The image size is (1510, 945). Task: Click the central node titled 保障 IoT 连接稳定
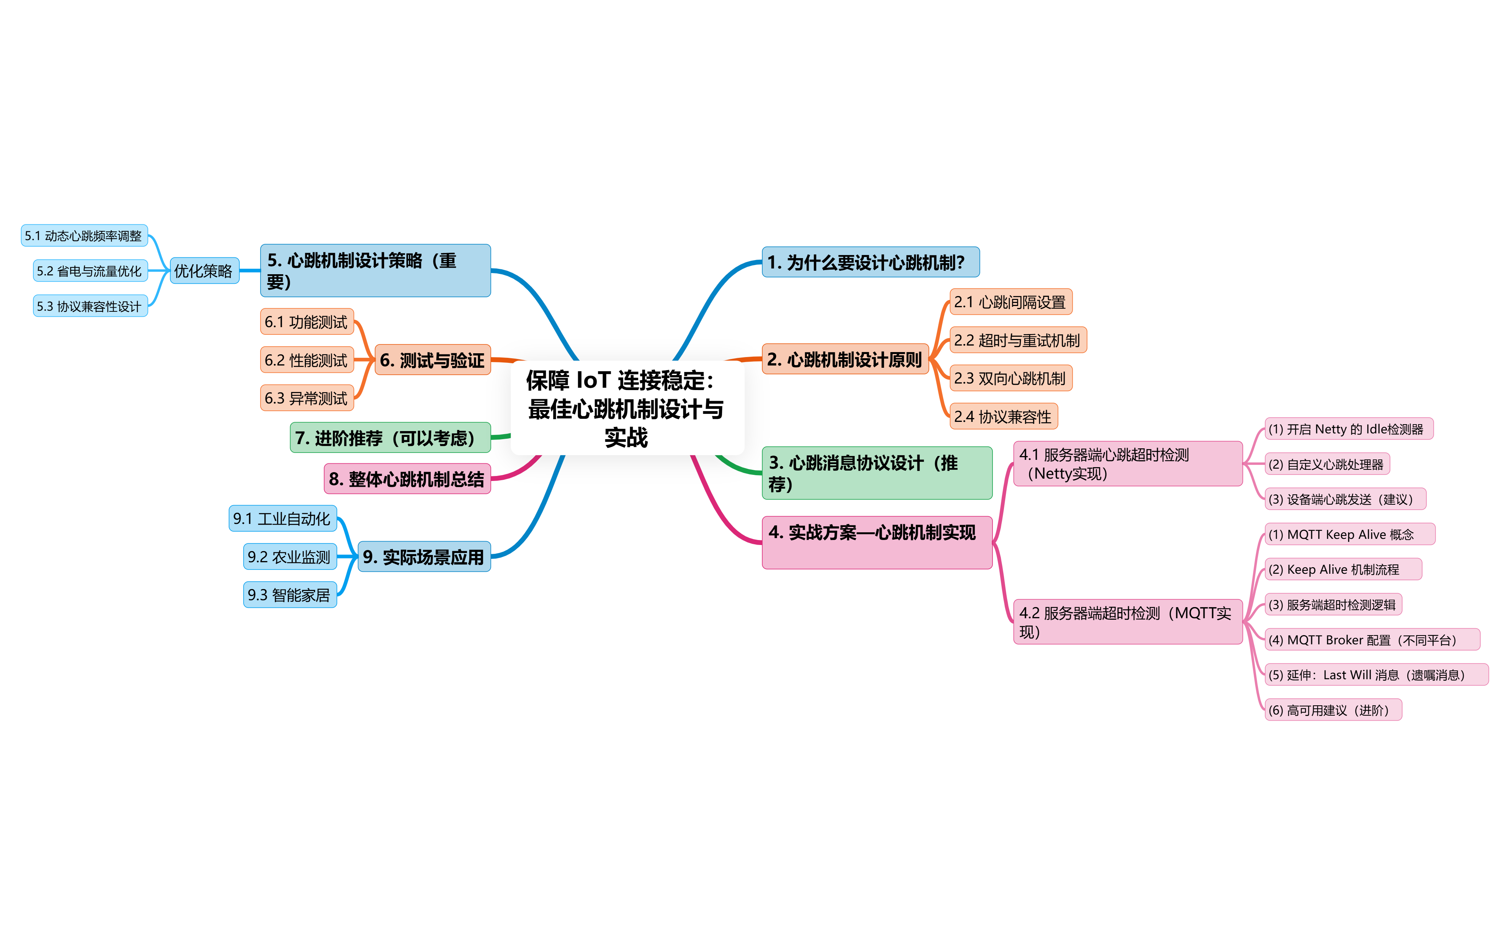tap(627, 408)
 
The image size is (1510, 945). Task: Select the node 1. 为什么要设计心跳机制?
tap(870, 262)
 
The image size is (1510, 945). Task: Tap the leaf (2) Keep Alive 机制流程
tap(1342, 570)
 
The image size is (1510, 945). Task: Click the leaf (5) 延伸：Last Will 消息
tap(1376, 675)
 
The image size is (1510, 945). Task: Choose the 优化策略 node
tap(204, 271)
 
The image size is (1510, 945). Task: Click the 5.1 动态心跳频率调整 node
tap(84, 235)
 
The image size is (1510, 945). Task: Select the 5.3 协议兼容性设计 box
tap(90, 306)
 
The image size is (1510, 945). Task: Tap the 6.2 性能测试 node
tap(306, 360)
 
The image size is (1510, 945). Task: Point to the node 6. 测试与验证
tap(432, 360)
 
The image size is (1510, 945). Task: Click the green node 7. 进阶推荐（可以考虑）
tap(390, 438)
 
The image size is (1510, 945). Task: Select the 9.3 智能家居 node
tap(289, 594)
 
